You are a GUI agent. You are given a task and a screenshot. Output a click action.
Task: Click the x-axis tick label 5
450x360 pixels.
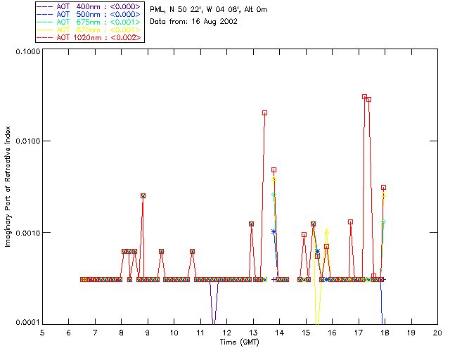42,332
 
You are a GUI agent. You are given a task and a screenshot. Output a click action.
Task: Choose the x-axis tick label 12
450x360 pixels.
226,332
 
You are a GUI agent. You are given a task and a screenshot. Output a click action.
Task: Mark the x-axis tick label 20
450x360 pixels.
437,332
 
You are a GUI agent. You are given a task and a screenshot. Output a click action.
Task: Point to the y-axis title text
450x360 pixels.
8,187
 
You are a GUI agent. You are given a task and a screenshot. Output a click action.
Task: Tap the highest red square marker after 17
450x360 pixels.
364,97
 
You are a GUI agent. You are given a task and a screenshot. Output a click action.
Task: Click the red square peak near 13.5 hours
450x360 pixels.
264,112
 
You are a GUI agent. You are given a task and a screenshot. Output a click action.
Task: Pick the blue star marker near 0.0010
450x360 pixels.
274,231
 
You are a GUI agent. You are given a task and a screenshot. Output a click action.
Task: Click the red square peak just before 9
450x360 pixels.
143,195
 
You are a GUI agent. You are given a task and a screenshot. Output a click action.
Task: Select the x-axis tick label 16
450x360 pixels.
332,332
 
